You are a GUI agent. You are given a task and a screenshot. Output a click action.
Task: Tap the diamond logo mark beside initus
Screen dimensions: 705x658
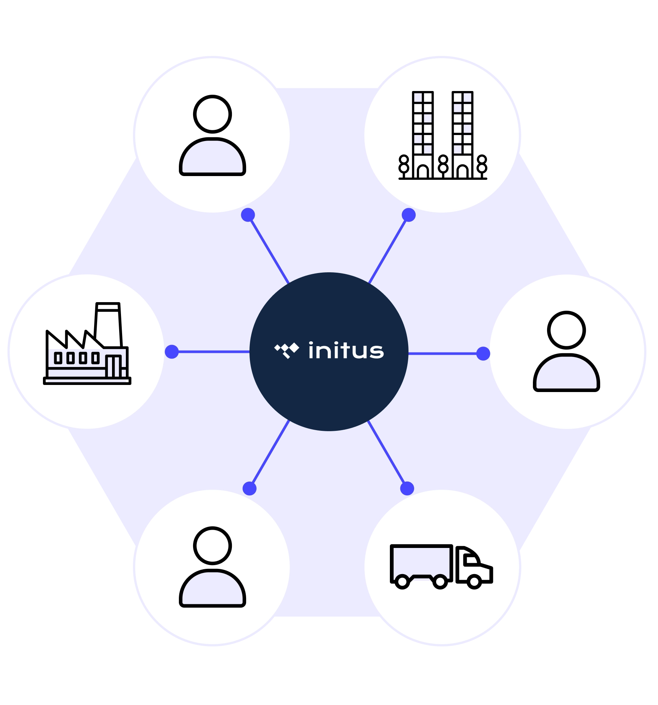point(287,350)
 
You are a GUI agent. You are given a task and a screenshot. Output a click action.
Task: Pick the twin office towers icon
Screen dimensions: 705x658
point(443,135)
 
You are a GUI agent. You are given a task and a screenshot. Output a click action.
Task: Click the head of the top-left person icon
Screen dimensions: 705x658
point(212,114)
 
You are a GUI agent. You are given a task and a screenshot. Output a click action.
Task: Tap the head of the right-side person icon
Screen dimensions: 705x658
point(566,330)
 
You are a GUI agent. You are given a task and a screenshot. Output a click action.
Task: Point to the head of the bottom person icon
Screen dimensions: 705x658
point(212,546)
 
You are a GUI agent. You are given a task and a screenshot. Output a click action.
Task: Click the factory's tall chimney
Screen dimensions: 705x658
point(108,325)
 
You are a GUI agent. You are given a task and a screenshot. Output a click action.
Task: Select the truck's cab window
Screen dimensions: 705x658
point(471,560)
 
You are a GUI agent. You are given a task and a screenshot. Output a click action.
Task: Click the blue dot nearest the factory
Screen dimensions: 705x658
point(172,351)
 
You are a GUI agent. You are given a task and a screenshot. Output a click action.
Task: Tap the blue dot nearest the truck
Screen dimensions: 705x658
point(407,488)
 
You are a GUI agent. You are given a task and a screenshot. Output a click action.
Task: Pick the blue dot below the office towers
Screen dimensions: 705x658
point(409,215)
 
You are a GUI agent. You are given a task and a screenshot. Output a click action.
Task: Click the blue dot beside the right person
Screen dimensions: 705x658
point(483,353)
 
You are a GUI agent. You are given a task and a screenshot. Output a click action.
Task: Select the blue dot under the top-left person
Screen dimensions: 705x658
point(248,215)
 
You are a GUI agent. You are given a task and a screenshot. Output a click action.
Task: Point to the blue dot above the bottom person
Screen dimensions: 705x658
point(249,488)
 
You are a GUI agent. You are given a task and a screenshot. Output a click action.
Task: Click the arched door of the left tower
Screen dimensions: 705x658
point(423,172)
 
